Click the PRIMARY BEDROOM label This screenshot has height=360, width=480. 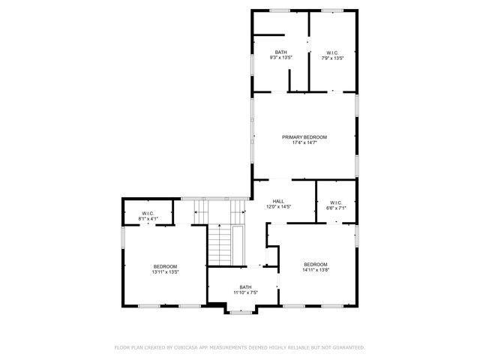(x=304, y=136)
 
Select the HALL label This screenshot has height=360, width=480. (x=278, y=201)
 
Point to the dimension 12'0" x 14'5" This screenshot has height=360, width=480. (x=278, y=207)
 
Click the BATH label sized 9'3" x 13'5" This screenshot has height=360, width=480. (x=280, y=52)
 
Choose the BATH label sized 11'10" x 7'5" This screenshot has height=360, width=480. (x=245, y=286)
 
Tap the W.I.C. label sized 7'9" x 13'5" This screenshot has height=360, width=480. (x=333, y=52)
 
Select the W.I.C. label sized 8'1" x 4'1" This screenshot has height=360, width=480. (x=148, y=213)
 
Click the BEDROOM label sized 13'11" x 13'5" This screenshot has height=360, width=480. (x=165, y=266)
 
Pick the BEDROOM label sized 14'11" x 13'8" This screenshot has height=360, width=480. (x=316, y=264)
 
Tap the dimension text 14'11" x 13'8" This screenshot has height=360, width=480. (x=316, y=270)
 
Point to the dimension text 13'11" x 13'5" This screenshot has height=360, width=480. (x=165, y=272)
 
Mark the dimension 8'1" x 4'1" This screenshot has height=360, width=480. (x=148, y=219)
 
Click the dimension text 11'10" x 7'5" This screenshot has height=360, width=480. (x=245, y=292)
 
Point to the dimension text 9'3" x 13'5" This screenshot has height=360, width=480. (x=280, y=58)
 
